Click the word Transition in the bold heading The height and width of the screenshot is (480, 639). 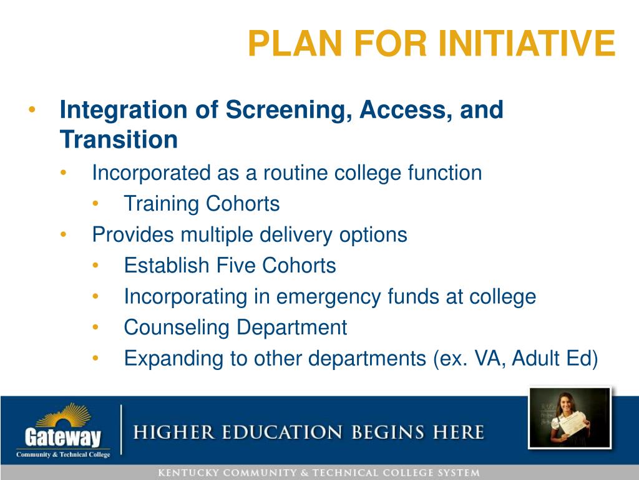pos(119,139)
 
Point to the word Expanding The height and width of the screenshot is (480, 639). pos(173,359)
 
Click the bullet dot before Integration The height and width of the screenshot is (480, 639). pos(32,109)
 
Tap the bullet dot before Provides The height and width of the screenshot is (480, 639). pos(63,234)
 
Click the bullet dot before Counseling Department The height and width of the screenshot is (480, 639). pos(95,327)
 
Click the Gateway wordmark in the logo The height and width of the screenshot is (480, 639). pos(63,437)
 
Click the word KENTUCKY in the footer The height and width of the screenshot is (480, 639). pos(188,473)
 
